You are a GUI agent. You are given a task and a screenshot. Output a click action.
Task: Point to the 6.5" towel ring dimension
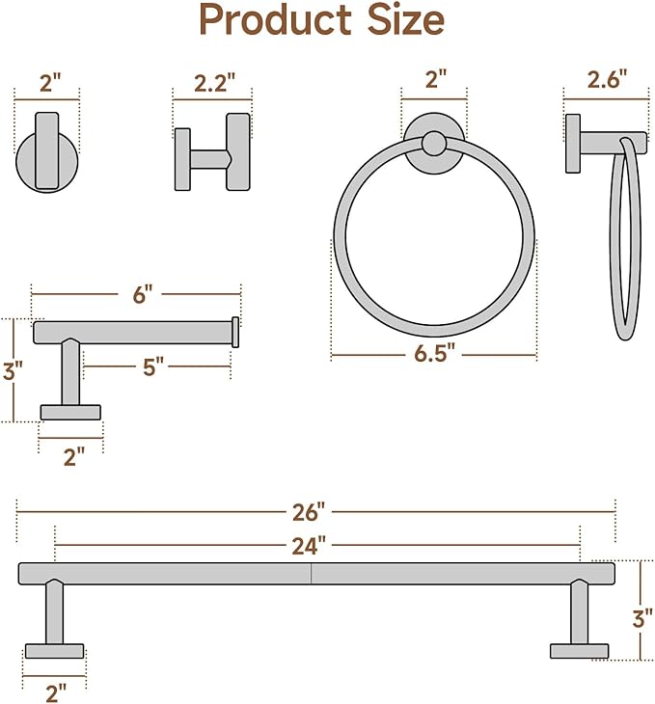pyautogui.click(x=433, y=354)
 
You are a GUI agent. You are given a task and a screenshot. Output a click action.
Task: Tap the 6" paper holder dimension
pyautogui.click(x=143, y=294)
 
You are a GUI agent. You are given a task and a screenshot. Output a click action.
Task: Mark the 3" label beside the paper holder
pyautogui.click(x=12, y=371)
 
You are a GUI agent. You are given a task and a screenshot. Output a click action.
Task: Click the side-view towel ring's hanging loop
pyautogui.click(x=625, y=236)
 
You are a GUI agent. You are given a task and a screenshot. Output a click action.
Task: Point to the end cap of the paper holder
pyautogui.click(x=234, y=332)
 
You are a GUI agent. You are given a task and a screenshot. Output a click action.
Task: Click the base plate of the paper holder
pyautogui.click(x=70, y=412)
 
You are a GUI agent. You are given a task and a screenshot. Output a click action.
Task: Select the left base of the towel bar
pyautogui.click(x=54, y=651)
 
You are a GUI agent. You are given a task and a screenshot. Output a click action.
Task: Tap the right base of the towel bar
pyautogui.click(x=580, y=651)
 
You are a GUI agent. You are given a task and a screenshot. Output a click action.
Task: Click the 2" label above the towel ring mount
pyautogui.click(x=435, y=81)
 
